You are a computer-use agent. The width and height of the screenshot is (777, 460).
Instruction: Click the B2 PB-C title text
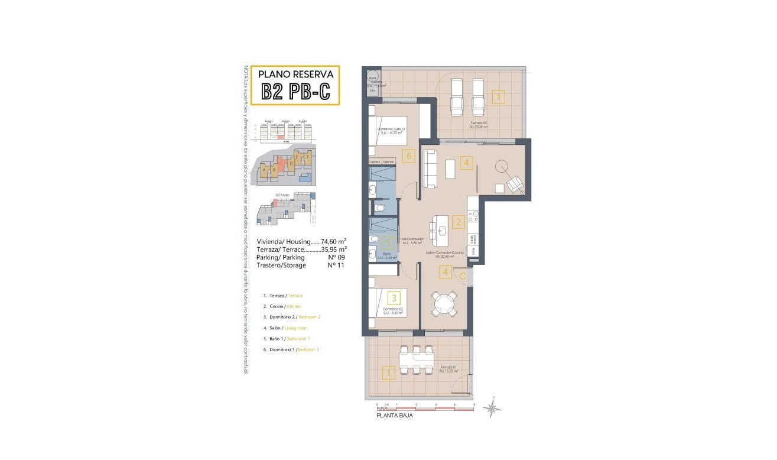pyautogui.click(x=295, y=92)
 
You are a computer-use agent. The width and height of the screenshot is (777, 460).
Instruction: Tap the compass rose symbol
pyautogui.click(x=492, y=407)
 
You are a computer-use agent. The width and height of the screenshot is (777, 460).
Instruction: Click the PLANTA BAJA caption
pyautogui.click(x=394, y=416)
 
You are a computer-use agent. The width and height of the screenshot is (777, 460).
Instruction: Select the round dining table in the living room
pyautogui.click(x=444, y=304)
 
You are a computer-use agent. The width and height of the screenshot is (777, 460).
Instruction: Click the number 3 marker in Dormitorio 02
pyautogui.click(x=394, y=298)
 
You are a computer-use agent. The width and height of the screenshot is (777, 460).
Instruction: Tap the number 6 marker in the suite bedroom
pyautogui.click(x=407, y=157)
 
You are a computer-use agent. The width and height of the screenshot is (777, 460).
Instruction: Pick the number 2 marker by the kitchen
pyautogui.click(x=458, y=223)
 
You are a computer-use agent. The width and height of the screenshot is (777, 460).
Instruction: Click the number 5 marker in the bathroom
pyautogui.click(x=388, y=242)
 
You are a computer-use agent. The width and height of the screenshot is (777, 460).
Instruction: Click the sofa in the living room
pyautogui.click(x=429, y=170)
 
